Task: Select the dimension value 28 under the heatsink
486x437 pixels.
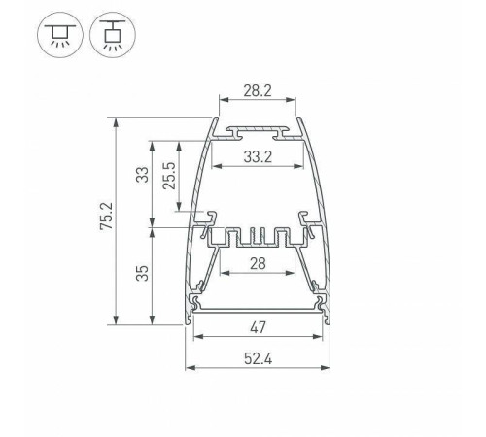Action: point(257,265)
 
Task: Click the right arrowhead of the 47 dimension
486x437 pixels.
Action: point(321,337)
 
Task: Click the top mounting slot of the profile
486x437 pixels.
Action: point(257,128)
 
